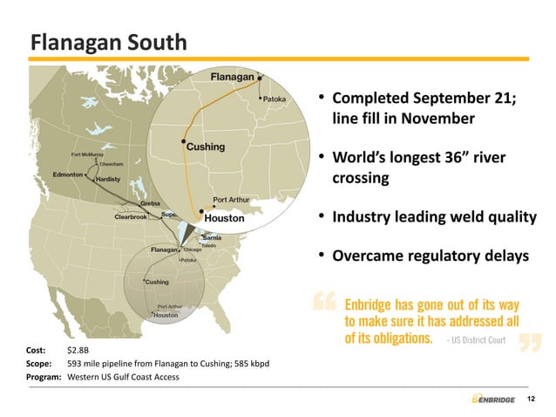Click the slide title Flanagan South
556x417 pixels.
[107, 42]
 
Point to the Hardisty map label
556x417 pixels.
[107, 179]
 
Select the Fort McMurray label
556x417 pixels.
[87, 155]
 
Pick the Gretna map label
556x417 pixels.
[150, 204]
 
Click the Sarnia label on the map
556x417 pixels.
[211, 238]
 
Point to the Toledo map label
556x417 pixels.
[208, 246]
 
